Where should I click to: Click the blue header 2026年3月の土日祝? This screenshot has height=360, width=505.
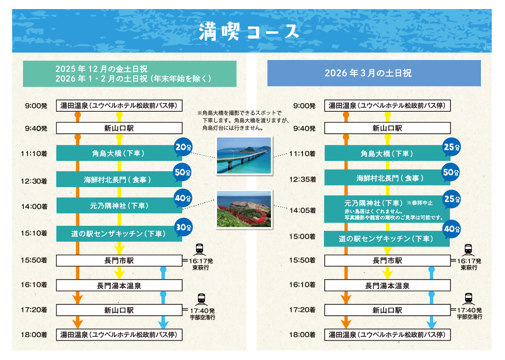[374, 73]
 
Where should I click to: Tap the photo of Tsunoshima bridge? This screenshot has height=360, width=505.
[244, 155]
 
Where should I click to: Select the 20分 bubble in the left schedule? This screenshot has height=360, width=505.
[183, 148]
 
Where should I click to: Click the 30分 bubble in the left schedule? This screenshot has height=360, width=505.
[183, 227]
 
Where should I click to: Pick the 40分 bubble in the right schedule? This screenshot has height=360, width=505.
[451, 229]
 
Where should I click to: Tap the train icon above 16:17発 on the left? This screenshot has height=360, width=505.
[200, 249]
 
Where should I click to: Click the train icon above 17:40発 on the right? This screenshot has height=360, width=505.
[468, 298]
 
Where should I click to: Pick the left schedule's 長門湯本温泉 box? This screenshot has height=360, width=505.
[119, 285]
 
